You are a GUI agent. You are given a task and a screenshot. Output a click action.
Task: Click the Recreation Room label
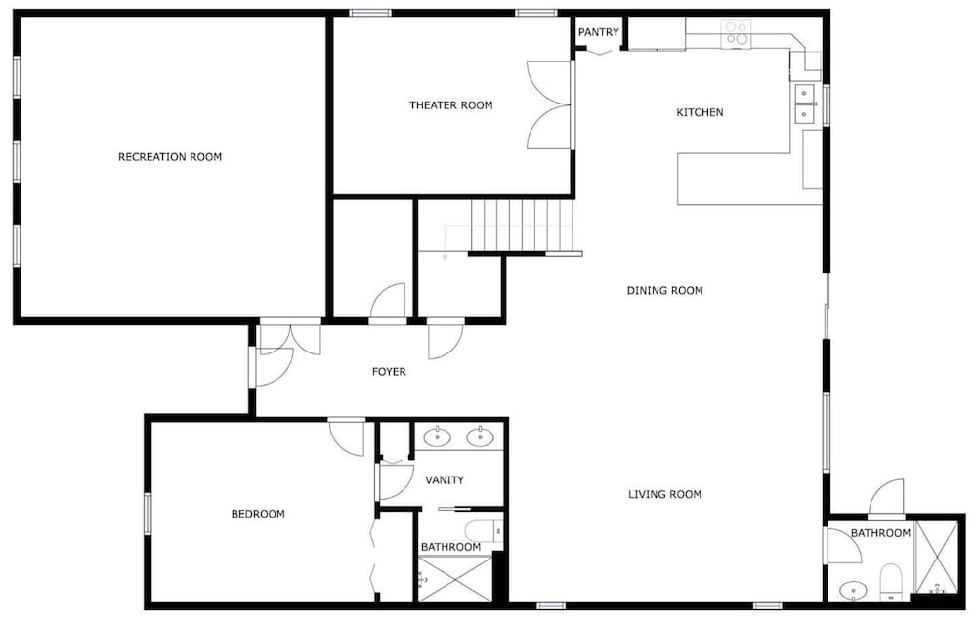tap(170, 157)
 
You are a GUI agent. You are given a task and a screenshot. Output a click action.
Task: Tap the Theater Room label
tap(451, 105)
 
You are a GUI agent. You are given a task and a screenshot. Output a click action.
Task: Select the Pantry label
tap(599, 32)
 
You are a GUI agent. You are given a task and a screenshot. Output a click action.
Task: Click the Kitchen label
tap(700, 112)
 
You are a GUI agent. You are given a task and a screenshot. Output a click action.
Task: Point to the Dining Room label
tap(664, 290)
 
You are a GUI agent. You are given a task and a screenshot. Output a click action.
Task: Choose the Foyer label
tap(389, 372)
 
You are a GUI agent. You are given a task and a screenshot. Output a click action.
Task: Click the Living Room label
tap(664, 494)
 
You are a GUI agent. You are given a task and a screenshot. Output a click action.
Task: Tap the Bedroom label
tap(258, 514)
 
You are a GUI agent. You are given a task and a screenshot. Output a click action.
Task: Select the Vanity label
tap(445, 480)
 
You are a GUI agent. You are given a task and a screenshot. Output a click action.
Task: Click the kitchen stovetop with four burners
tap(737, 33)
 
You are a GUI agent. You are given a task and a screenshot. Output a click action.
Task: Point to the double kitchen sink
tap(805, 104)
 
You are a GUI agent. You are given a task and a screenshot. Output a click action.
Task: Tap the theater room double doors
tap(549, 105)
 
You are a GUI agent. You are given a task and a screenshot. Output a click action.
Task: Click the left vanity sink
tap(438, 437)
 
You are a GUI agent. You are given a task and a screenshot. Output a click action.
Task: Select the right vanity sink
tap(481, 437)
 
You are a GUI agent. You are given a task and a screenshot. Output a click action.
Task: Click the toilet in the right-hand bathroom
tap(892, 583)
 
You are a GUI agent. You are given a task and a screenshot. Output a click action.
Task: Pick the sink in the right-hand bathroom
tap(852, 589)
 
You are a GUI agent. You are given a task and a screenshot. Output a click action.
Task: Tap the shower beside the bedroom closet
tap(455, 580)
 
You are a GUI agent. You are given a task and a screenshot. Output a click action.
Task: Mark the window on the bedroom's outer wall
tap(148, 514)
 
